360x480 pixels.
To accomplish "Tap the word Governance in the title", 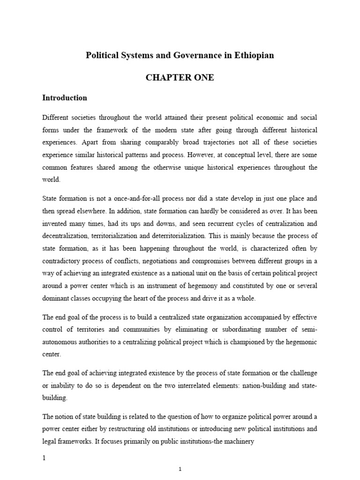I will coord(188,55).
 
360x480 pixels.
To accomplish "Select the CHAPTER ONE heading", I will coord(180,78).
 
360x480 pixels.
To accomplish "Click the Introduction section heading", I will coord(65,98).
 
